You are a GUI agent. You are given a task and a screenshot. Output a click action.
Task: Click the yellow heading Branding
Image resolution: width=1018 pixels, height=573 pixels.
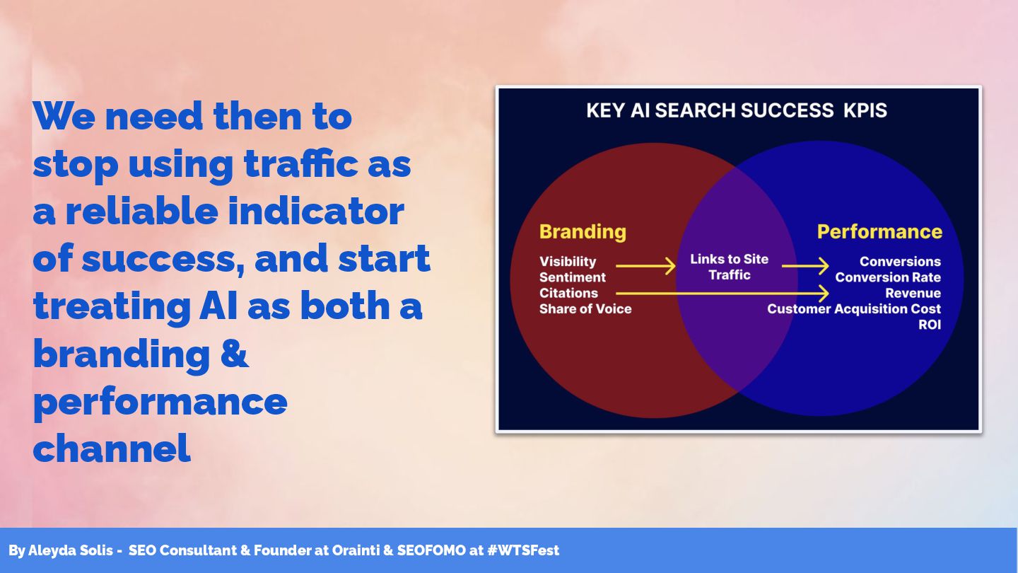pyautogui.click(x=583, y=232)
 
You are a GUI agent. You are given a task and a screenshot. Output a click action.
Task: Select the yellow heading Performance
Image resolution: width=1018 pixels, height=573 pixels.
pyautogui.click(x=879, y=232)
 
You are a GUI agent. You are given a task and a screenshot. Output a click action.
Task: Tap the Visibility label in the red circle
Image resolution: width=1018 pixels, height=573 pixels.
pyautogui.click(x=568, y=262)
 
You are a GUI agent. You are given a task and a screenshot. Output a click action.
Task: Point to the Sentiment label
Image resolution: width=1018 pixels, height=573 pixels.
pyautogui.click(x=572, y=277)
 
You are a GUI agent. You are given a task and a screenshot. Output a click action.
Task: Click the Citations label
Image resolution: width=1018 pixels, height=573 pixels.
pyautogui.click(x=568, y=293)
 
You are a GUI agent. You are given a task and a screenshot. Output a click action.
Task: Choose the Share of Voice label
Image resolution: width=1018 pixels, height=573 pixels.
pyautogui.click(x=585, y=308)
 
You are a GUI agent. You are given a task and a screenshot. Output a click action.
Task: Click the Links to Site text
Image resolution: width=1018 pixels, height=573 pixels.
pyautogui.click(x=729, y=259)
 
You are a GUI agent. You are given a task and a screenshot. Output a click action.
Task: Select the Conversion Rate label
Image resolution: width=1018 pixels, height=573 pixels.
pyautogui.click(x=888, y=277)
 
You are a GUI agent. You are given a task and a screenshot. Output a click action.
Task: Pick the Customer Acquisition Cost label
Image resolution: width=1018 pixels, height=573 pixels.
pyautogui.click(x=854, y=308)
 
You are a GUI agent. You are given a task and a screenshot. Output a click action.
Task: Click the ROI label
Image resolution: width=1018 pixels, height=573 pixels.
pyautogui.click(x=930, y=325)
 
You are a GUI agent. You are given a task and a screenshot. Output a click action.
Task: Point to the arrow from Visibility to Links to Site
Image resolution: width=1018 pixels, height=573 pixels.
pyautogui.click(x=646, y=265)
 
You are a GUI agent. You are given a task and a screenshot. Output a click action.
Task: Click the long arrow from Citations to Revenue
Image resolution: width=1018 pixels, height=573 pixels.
pyautogui.click(x=722, y=294)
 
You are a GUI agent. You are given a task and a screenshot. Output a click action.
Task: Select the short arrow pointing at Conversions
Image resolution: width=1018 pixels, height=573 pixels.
pyautogui.click(x=805, y=265)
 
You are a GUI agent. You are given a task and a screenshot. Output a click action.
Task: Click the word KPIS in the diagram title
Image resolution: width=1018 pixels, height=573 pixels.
pyautogui.click(x=865, y=110)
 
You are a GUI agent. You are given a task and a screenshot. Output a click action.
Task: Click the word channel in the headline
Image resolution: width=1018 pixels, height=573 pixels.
pyautogui.click(x=112, y=448)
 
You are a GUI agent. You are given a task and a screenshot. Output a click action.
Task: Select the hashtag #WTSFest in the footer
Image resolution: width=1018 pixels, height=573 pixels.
pyautogui.click(x=522, y=550)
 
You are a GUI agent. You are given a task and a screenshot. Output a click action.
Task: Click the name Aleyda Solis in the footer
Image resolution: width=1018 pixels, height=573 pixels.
pyautogui.click(x=71, y=550)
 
